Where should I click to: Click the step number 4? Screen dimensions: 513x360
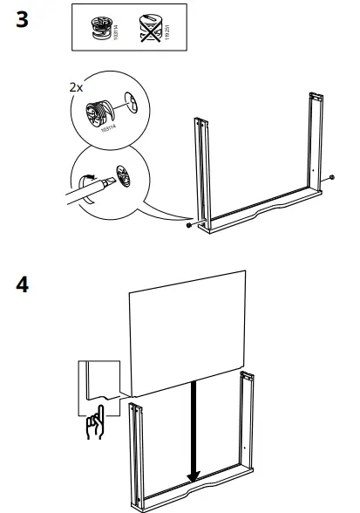coord(23,285)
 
